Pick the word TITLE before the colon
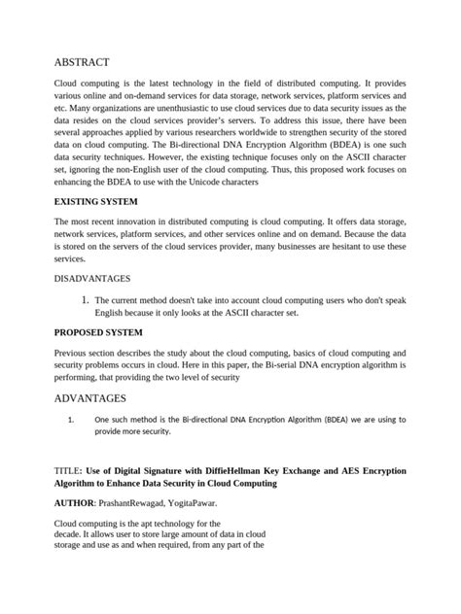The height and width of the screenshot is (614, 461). [x=66, y=470]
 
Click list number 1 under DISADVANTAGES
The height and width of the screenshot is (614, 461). [x=86, y=300]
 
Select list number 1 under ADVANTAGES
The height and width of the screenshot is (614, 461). [x=71, y=419]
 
